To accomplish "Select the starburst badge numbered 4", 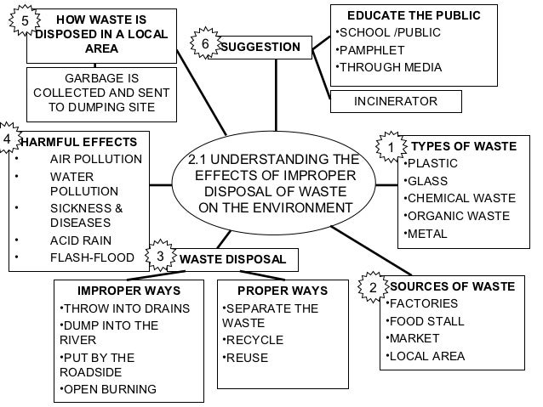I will (x=8, y=138).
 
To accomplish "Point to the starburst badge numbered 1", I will (x=391, y=148).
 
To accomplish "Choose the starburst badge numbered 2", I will (x=373, y=288).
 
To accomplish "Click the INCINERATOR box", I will (x=396, y=102).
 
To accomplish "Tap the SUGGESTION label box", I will (x=260, y=47).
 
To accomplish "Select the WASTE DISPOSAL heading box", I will (x=232, y=259).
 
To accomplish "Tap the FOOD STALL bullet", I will (x=427, y=321).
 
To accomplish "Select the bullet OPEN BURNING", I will (x=109, y=390).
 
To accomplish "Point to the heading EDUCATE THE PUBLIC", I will (x=414, y=15).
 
